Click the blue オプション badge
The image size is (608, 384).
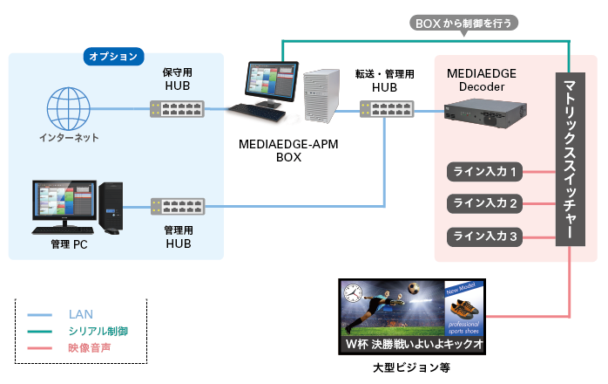coord(113,57)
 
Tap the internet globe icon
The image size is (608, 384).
coord(69,108)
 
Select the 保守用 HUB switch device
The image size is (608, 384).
coord(177,109)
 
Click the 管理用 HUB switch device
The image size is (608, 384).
coord(178,206)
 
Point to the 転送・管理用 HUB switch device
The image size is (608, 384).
coord(387,109)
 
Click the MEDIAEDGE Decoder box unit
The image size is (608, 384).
coord(485,113)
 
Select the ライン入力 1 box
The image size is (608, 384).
coord(484,172)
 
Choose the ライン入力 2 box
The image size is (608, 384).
coord(484,203)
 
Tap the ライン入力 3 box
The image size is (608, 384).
coord(484,237)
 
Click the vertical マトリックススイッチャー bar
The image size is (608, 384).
coord(570,159)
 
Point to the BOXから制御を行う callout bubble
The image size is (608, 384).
coord(463,24)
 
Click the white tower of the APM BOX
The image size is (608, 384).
coord(321,96)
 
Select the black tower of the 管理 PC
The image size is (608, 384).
coord(111,206)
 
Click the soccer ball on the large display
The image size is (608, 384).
coord(414,288)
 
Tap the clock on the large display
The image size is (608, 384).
coord(353,292)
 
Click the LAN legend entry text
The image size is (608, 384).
coord(81,314)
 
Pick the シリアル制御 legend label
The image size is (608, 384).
coord(98,331)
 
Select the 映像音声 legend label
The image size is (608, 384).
coord(90,347)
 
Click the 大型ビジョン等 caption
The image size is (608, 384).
coord(411,367)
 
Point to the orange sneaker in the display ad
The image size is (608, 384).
coord(463,309)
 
